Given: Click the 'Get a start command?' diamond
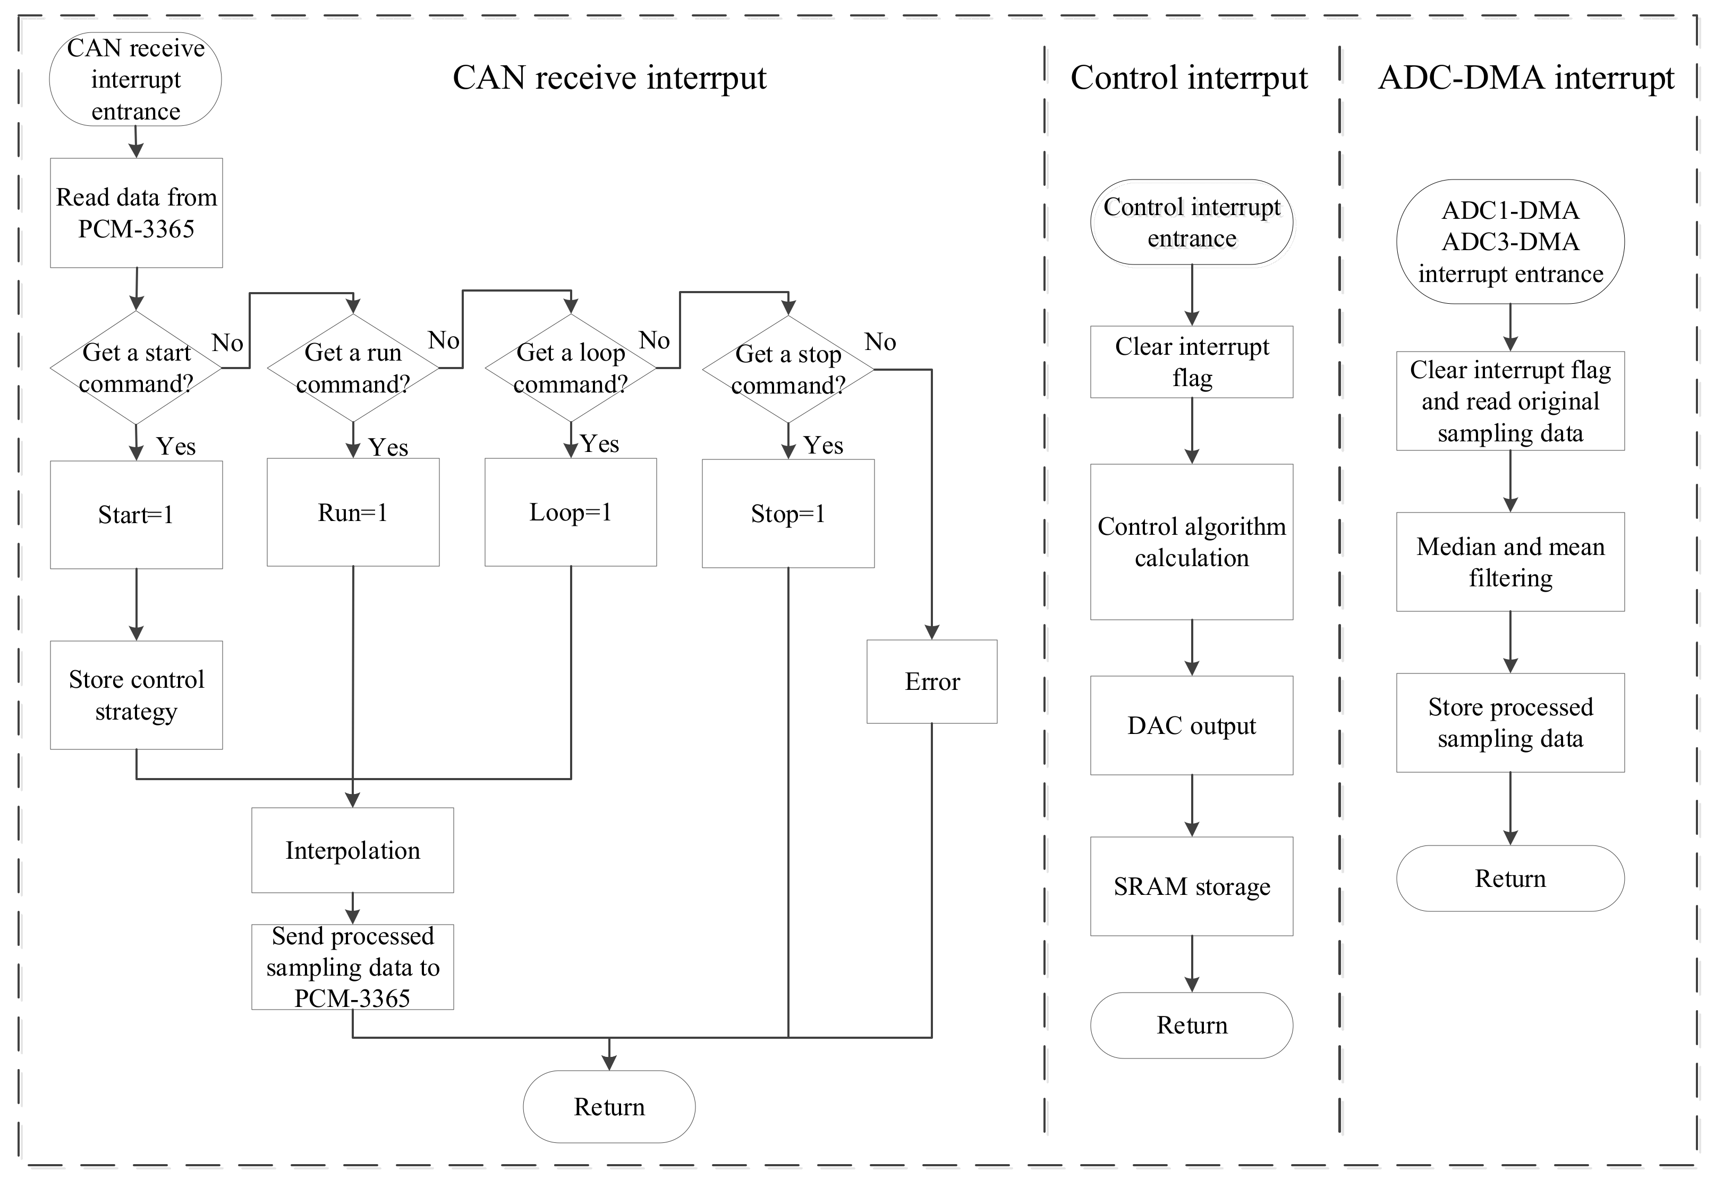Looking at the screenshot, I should pos(136,368).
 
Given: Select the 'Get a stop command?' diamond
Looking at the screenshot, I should pos(788,369).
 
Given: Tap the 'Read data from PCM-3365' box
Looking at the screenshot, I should pos(136,213).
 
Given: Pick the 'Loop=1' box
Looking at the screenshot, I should pos(571,512).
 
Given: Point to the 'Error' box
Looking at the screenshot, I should pos(932,681).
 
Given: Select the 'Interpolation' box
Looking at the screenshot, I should pos(352,850).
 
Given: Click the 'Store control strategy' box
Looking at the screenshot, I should pos(136,695).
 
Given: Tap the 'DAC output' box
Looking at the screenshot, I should pos(1191,725).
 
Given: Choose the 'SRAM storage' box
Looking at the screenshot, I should pos(1191,886).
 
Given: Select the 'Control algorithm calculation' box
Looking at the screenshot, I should pos(1191,542).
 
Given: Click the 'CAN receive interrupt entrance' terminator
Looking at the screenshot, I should pos(135,79).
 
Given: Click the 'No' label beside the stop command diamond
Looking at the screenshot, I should pos(879,342).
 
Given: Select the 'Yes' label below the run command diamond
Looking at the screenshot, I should pos(388,447).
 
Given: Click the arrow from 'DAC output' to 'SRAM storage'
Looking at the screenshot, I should pos(1191,805).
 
